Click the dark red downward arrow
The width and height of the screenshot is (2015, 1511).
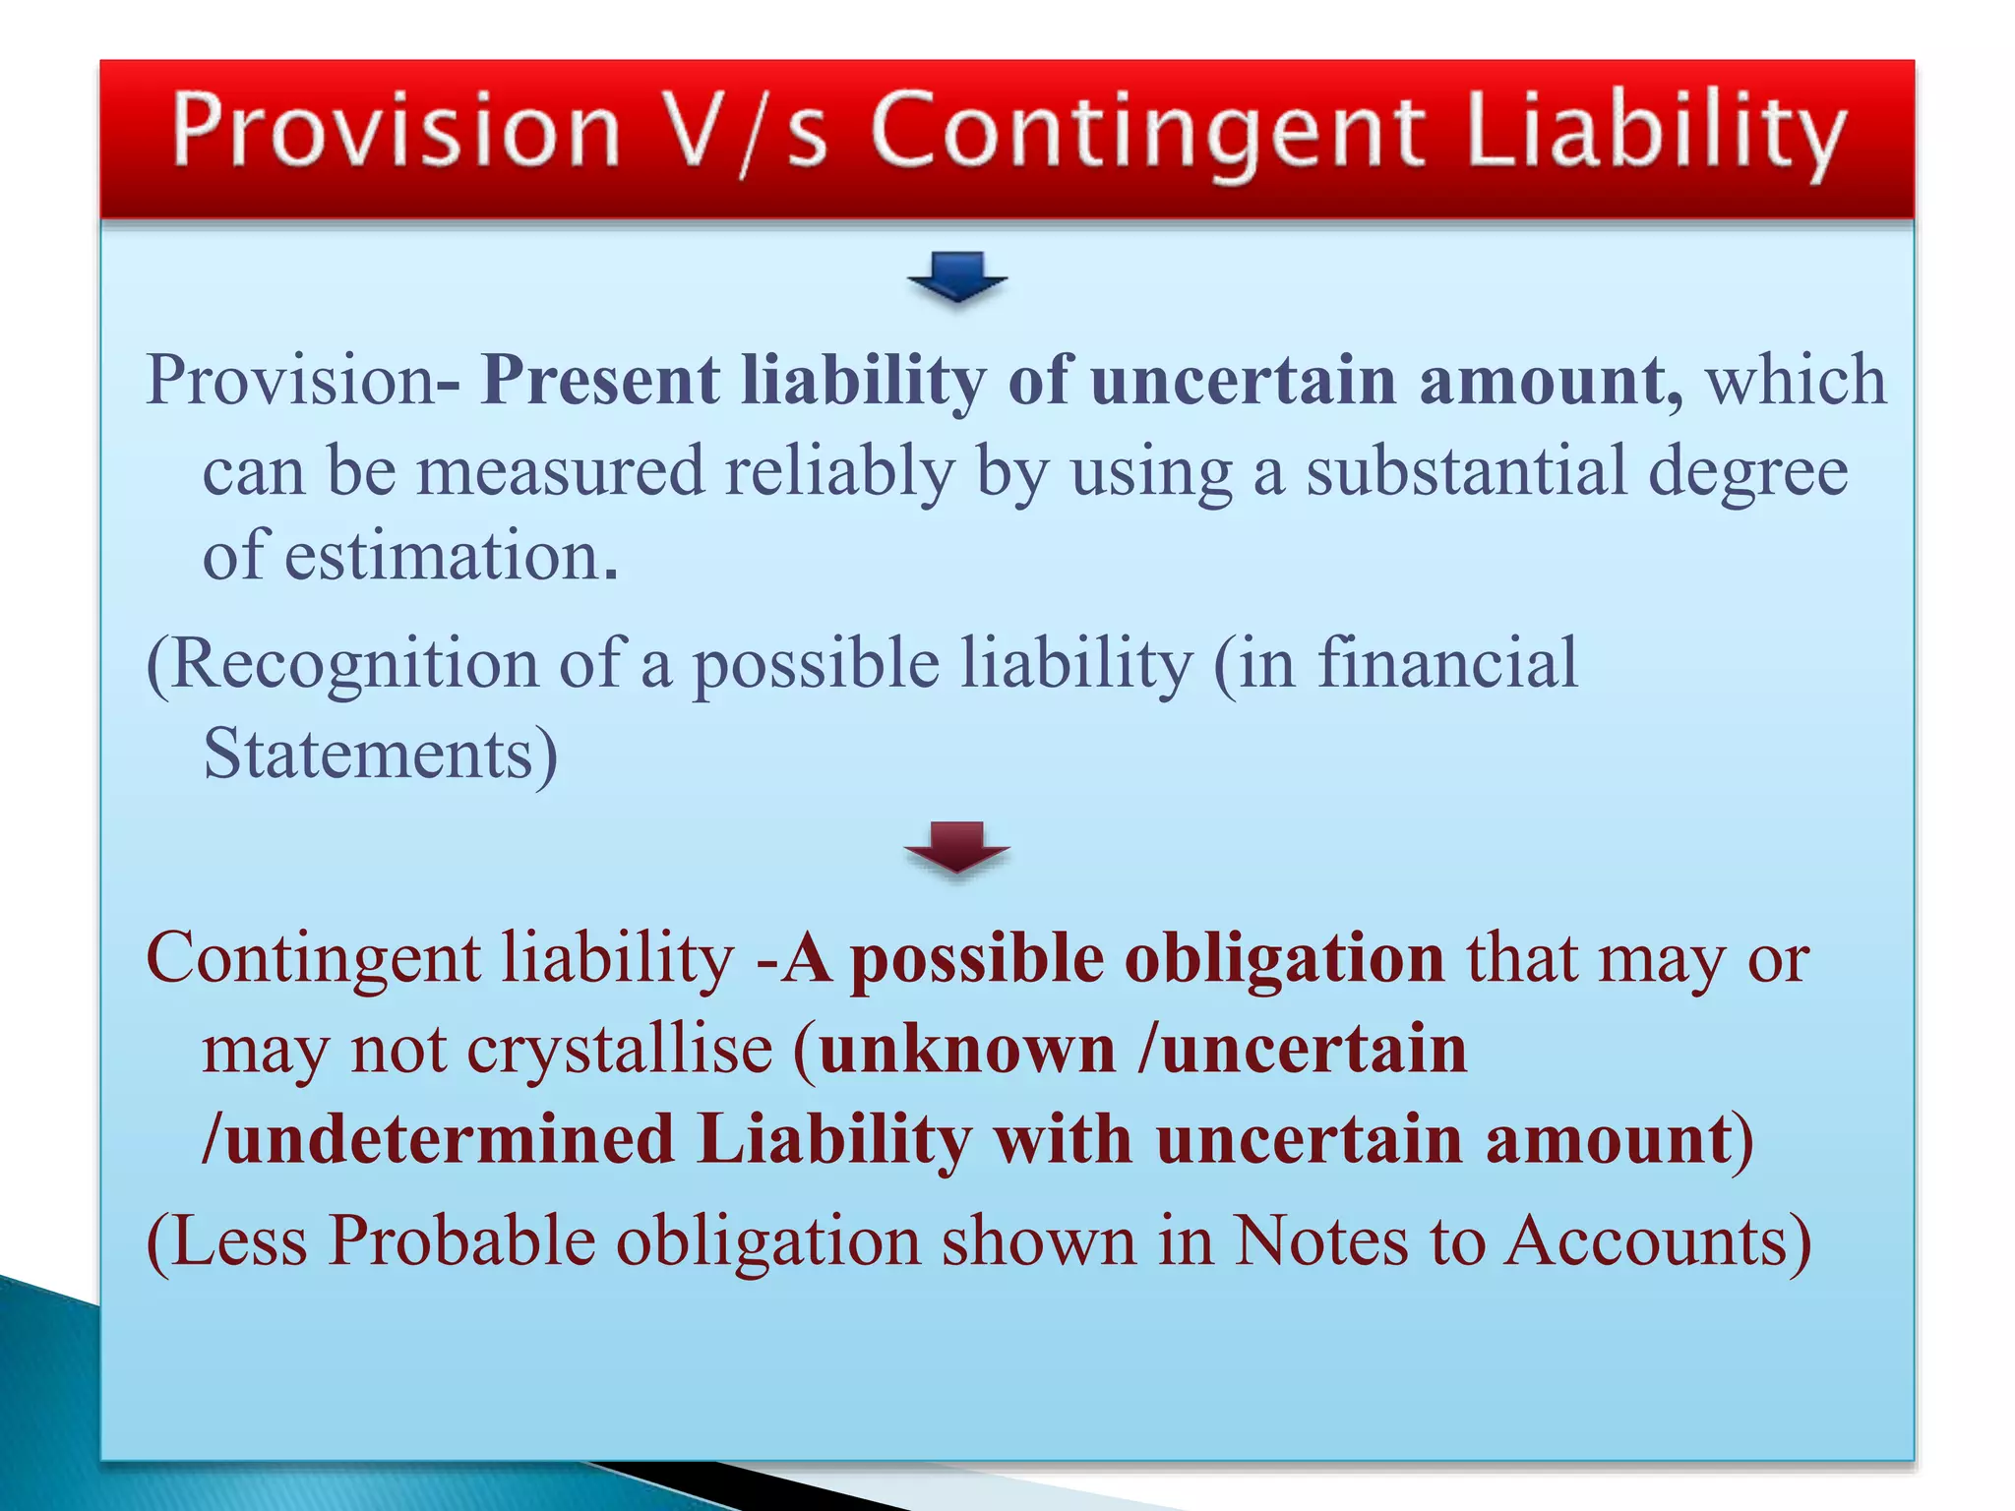956,847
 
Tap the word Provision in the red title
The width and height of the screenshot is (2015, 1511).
396,131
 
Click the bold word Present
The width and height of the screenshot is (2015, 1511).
600,380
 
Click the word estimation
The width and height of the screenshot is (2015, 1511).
451,557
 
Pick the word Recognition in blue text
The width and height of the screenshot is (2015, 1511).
342,663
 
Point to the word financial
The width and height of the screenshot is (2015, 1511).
1448,663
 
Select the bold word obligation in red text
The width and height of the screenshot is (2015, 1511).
1284,958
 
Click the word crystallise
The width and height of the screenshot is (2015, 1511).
620,1049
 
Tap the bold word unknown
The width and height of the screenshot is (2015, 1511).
967,1049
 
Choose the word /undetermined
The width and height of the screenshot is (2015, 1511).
438,1139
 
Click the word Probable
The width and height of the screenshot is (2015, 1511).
461,1240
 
